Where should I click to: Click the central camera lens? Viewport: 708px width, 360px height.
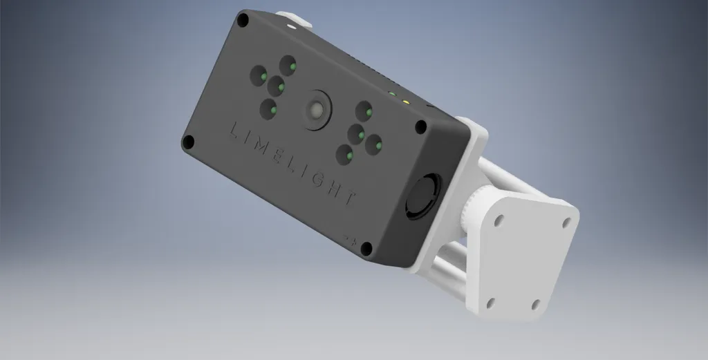[x=317, y=111]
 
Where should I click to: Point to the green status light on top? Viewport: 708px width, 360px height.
[x=392, y=93]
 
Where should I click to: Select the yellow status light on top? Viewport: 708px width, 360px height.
[x=407, y=101]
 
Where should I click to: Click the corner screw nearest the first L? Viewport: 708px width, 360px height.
[x=187, y=142]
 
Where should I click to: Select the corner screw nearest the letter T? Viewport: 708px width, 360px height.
[x=367, y=248]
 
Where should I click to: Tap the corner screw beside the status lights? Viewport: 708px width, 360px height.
[x=420, y=126]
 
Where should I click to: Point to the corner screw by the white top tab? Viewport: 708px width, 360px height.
[x=243, y=21]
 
